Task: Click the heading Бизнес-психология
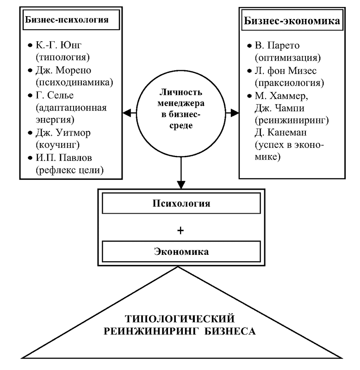(x=67, y=20)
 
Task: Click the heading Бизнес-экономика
(x=292, y=21)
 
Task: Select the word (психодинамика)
(x=74, y=82)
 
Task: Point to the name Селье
(x=61, y=95)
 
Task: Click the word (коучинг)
(x=57, y=145)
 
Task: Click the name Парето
(x=285, y=45)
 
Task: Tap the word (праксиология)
(x=289, y=83)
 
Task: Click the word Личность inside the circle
(x=181, y=92)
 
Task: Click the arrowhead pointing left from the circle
(x=127, y=113)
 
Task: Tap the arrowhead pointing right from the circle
(x=235, y=113)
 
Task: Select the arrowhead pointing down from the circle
(x=181, y=185)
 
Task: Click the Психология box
(x=181, y=203)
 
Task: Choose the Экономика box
(x=181, y=252)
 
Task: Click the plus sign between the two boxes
(x=180, y=230)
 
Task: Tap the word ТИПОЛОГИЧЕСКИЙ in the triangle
(x=180, y=319)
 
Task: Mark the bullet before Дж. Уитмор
(x=30, y=133)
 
